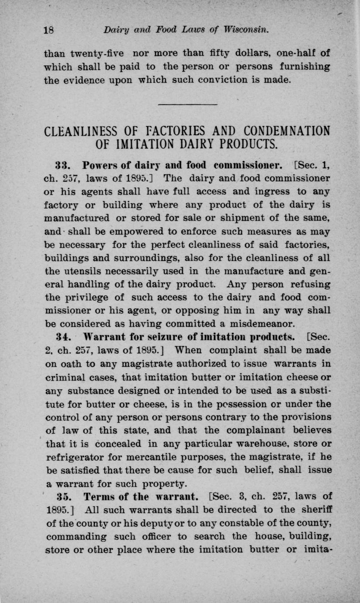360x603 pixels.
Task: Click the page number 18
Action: click(48, 31)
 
